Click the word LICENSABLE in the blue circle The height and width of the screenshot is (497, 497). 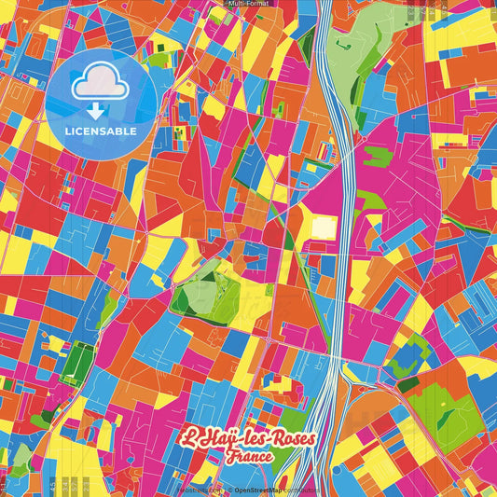101,131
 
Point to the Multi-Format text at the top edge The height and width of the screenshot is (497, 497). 249,5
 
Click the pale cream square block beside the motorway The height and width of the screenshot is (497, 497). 324,227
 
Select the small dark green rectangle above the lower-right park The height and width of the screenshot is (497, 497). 408,382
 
